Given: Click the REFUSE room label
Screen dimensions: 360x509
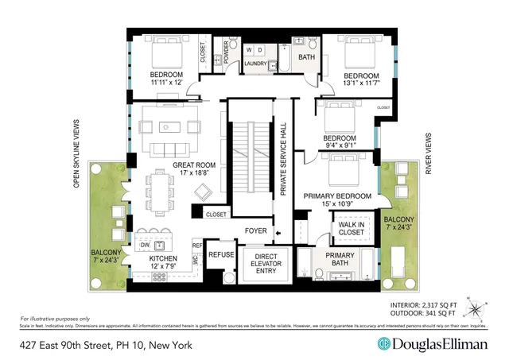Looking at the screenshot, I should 220,255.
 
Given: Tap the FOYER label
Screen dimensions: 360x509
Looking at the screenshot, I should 256,232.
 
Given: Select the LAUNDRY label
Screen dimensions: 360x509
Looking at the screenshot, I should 255,64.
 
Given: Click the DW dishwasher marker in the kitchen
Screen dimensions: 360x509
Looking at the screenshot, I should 144,246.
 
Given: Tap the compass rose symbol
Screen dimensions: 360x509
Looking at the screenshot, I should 476,304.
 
